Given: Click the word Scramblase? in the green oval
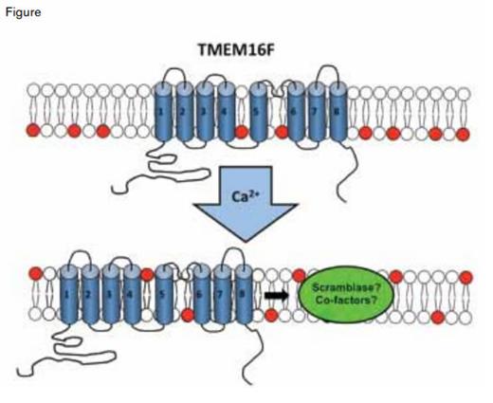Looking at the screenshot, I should [336, 284].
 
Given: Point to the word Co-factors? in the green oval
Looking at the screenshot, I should [336, 300].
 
